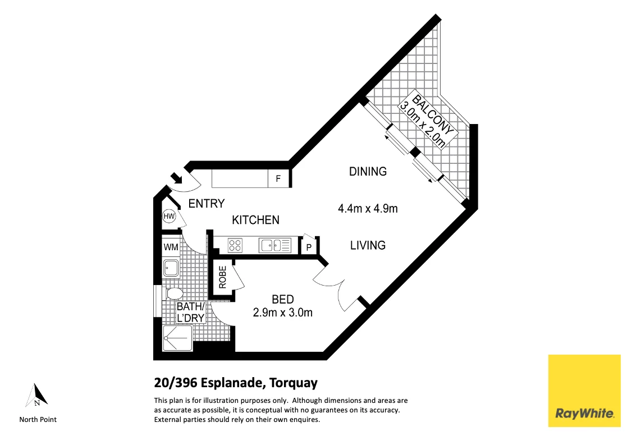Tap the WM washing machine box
click(x=171, y=247)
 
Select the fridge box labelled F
click(x=278, y=180)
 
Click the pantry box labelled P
click(x=309, y=246)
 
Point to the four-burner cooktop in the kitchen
click(x=235, y=245)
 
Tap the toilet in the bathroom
click(x=173, y=293)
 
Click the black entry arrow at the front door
click(x=177, y=178)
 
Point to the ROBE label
click(x=222, y=277)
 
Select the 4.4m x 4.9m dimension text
click(x=368, y=209)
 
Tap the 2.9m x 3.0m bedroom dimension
click(x=282, y=313)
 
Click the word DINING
click(x=368, y=172)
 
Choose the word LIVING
click(x=368, y=245)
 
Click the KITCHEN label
click(x=255, y=220)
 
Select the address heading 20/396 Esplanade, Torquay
click(x=236, y=383)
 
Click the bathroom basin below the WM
click(x=171, y=268)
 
